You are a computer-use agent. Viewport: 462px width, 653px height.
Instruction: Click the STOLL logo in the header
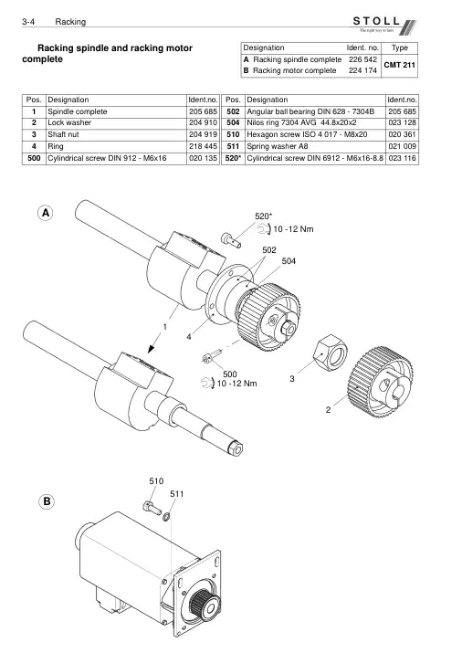[383, 25]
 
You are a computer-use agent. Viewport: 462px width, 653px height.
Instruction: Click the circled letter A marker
[46, 213]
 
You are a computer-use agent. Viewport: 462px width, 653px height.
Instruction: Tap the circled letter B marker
[47, 501]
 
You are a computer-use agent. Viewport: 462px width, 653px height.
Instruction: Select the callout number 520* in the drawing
[264, 216]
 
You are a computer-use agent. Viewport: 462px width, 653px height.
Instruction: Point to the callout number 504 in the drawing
[289, 261]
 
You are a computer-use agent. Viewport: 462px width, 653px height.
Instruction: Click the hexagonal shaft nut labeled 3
[330, 353]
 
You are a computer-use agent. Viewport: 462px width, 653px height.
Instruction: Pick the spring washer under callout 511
[165, 517]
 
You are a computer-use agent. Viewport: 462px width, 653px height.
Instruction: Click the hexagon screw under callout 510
[151, 508]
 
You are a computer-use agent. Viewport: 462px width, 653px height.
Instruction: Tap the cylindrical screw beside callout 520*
[231, 240]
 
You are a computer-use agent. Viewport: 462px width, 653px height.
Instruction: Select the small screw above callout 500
[211, 356]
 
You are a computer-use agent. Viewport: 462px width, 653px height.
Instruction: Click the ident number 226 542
[362, 59]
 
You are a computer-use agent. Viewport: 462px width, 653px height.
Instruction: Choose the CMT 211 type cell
[399, 65]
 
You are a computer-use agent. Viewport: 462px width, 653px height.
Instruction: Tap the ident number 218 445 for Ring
[203, 146]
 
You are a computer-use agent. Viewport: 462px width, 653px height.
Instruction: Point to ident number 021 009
[402, 146]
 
